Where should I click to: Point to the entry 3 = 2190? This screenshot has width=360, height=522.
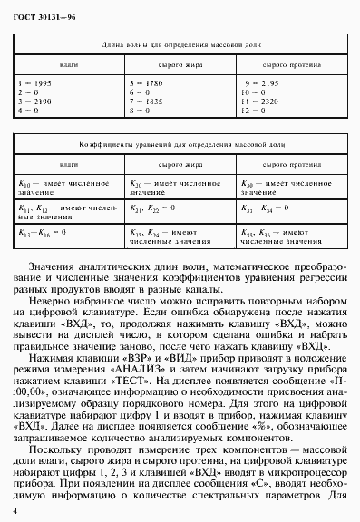[x=35, y=101]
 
